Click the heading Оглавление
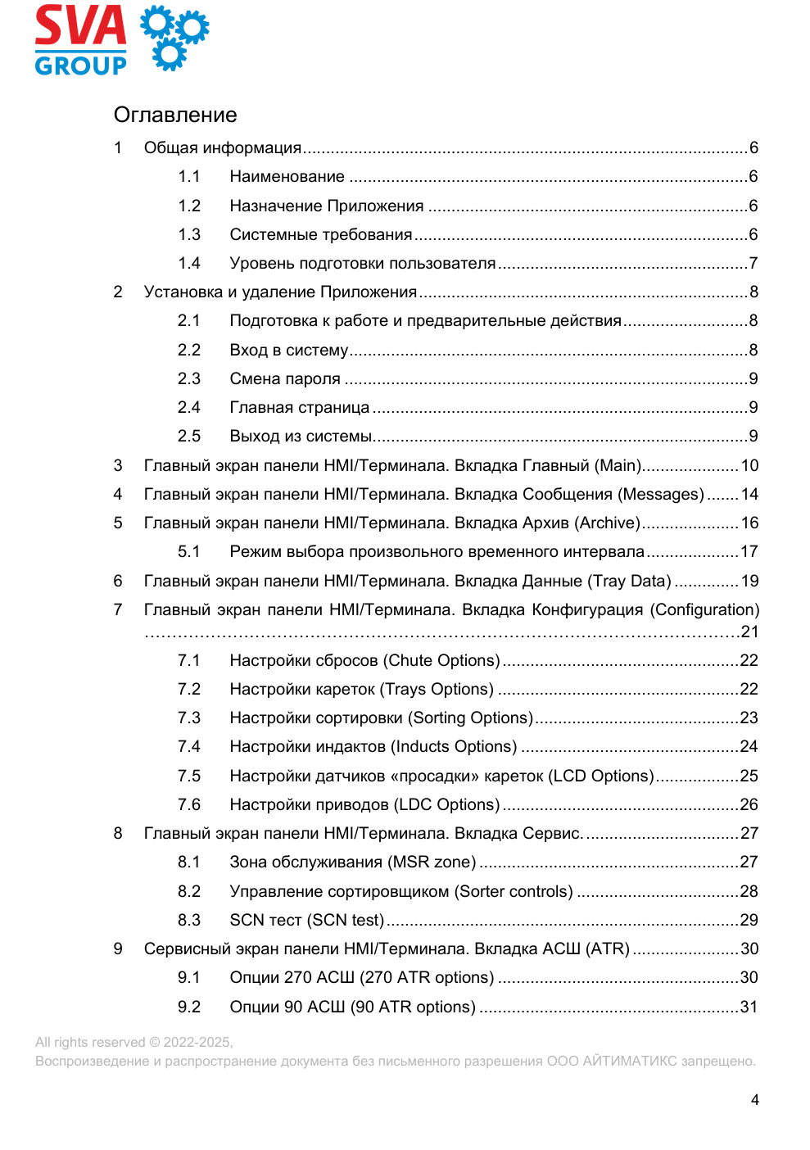pyautogui.click(x=175, y=115)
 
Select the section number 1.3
pyautogui.click(x=189, y=235)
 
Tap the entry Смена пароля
pyautogui.click(x=285, y=379)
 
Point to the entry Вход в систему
pyautogui.click(x=288, y=351)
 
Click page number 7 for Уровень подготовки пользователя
pyautogui.click(x=753, y=264)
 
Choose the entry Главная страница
pyautogui.click(x=299, y=408)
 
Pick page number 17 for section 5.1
pyautogui.click(x=749, y=552)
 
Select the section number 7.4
pyautogui.click(x=189, y=747)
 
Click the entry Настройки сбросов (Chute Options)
pyautogui.click(x=364, y=661)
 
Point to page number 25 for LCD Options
pyautogui.click(x=749, y=776)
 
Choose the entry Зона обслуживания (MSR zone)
pyautogui.click(x=352, y=862)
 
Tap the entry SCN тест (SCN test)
pyautogui.click(x=306, y=921)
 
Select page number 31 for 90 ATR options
pyautogui.click(x=749, y=1007)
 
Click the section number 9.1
pyautogui.click(x=189, y=978)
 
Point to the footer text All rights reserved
pyautogui.click(x=133, y=1043)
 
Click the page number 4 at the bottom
pyautogui.click(x=755, y=1100)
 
